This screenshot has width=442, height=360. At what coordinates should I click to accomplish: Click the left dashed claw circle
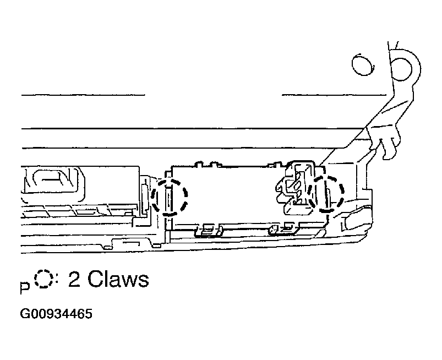coord(171,196)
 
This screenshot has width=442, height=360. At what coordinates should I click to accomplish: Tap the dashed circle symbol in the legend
coord(42,280)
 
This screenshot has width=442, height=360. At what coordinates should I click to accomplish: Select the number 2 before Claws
coord(75,280)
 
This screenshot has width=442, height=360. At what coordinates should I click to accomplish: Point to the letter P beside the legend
coord(24,287)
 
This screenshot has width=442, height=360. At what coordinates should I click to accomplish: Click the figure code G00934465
coord(56,314)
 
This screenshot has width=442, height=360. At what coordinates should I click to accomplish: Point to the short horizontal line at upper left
coord(83,94)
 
